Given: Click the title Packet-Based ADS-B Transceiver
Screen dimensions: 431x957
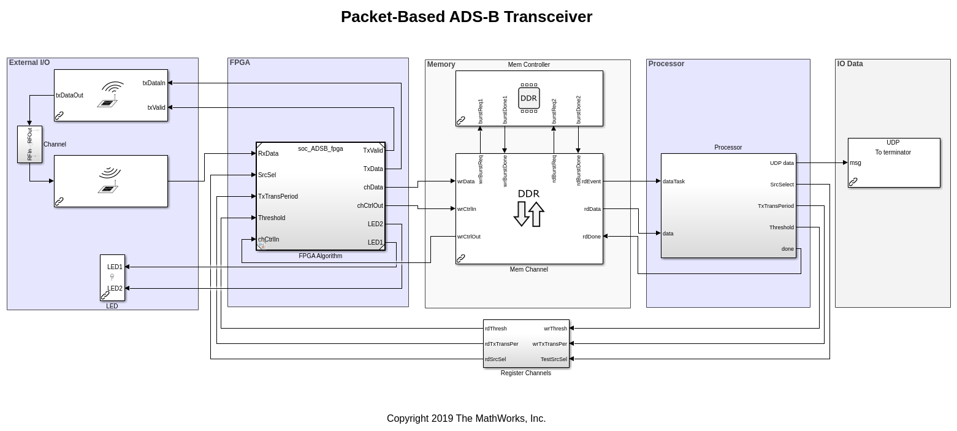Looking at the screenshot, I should [x=466, y=17].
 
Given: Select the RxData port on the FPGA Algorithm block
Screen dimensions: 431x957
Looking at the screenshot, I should [x=269, y=154].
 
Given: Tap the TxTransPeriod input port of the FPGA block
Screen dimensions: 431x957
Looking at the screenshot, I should [x=278, y=197].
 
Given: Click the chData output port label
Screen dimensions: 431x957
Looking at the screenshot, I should [x=373, y=188].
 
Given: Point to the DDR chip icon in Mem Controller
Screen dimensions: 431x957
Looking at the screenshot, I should [x=528, y=98].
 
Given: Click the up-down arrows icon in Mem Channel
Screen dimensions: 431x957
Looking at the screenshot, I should [x=528, y=214].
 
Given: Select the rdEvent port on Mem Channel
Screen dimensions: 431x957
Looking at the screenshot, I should [x=592, y=181].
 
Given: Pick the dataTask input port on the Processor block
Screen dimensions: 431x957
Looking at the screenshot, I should [x=674, y=181].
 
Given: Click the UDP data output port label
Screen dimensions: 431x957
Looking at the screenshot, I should [x=782, y=163].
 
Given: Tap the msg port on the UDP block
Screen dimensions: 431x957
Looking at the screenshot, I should [x=855, y=163].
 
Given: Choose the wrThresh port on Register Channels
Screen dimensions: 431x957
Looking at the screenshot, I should [x=555, y=329].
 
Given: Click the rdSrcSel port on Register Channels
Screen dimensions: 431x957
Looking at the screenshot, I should [x=495, y=359].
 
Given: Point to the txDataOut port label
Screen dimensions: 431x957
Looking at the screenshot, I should [x=69, y=96].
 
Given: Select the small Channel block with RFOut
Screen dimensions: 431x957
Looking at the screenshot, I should [x=29, y=145].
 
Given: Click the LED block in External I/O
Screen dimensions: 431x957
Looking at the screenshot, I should [x=112, y=278].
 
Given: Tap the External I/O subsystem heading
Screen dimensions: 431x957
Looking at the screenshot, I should [x=29, y=63].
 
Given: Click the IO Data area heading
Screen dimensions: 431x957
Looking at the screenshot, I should [x=850, y=64].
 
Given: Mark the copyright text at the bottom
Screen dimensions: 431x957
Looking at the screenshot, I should [x=466, y=419].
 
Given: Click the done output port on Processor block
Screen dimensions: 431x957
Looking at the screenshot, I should [x=787, y=249].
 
